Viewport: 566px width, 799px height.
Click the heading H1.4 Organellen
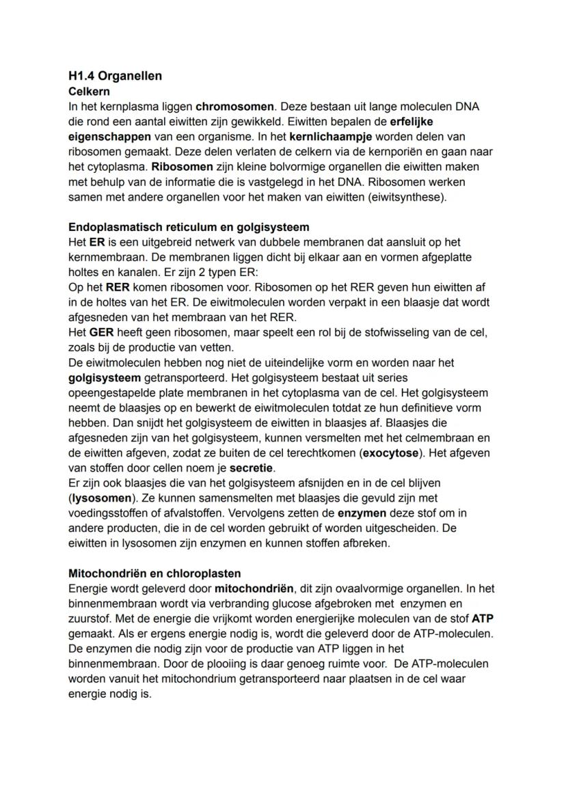(x=115, y=76)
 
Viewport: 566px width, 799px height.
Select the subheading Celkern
(x=89, y=91)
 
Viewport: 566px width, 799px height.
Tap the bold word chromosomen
(x=234, y=107)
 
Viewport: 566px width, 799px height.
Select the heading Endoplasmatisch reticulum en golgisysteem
(x=189, y=227)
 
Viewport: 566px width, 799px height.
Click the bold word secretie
(x=251, y=468)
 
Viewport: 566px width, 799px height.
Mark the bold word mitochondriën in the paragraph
(x=254, y=588)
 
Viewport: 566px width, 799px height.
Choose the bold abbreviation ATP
(x=482, y=619)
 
